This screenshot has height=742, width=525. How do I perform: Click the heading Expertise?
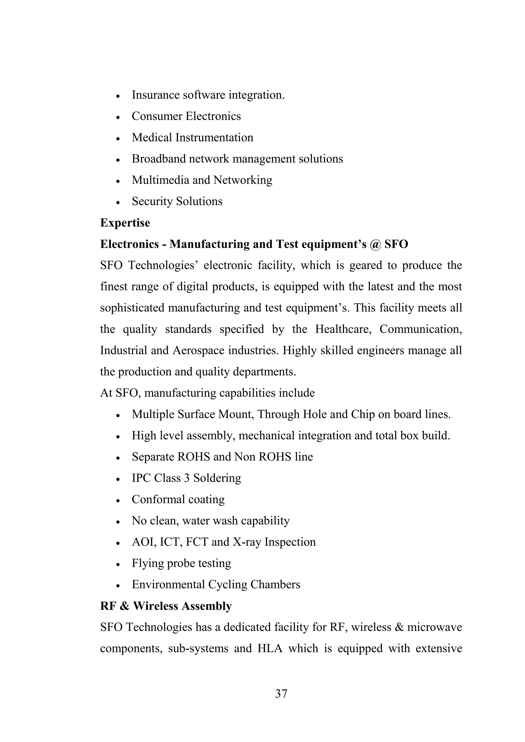click(x=125, y=223)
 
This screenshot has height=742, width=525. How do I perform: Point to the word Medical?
click(x=152, y=138)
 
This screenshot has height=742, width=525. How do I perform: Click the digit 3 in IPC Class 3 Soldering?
click(x=187, y=478)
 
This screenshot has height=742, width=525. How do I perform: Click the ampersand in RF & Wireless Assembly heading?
click(x=125, y=606)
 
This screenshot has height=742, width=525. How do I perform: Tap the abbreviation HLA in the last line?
click(x=270, y=648)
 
